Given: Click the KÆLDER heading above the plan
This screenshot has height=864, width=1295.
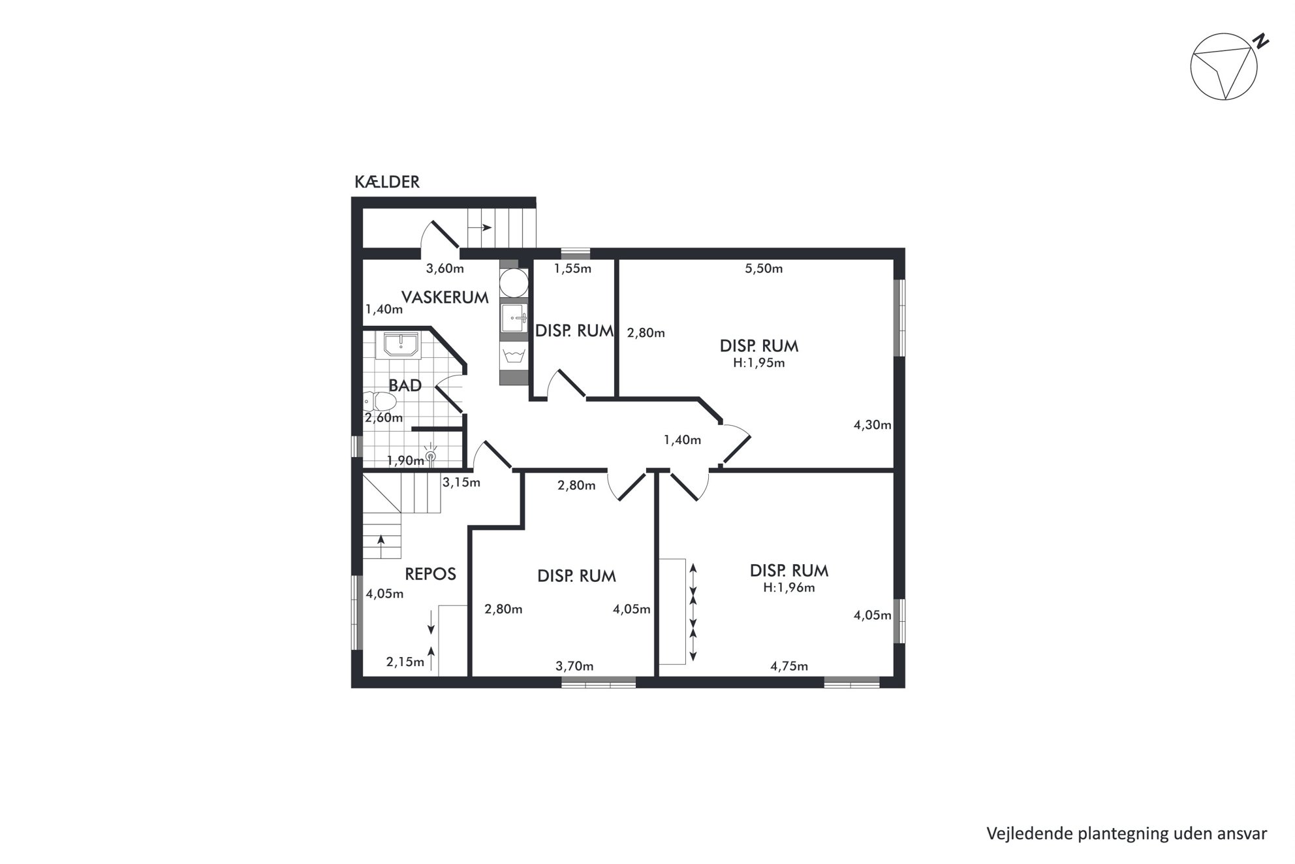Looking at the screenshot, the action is (x=387, y=182).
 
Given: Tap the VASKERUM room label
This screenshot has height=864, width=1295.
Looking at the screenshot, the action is (x=445, y=298).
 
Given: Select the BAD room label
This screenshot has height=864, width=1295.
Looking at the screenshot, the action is (x=405, y=385).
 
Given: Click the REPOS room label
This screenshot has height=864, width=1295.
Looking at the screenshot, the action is (x=430, y=574).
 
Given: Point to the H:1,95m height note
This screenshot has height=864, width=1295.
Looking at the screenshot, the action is (x=759, y=363).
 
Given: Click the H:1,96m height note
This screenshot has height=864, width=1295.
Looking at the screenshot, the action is (x=789, y=587).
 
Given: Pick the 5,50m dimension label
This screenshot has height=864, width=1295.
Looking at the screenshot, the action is (x=764, y=268).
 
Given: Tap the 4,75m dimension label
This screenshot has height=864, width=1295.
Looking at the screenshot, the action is (x=789, y=666).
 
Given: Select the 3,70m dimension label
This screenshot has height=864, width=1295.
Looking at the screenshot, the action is (x=574, y=666).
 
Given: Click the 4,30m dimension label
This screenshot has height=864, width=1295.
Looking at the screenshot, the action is (x=873, y=425).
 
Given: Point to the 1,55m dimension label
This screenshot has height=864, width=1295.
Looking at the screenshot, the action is (x=572, y=268).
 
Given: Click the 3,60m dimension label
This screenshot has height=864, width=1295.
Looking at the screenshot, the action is (x=445, y=268).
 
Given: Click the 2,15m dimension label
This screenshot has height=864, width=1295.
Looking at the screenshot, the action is (x=405, y=662).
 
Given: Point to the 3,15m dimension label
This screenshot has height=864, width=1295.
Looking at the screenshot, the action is (x=461, y=483).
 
